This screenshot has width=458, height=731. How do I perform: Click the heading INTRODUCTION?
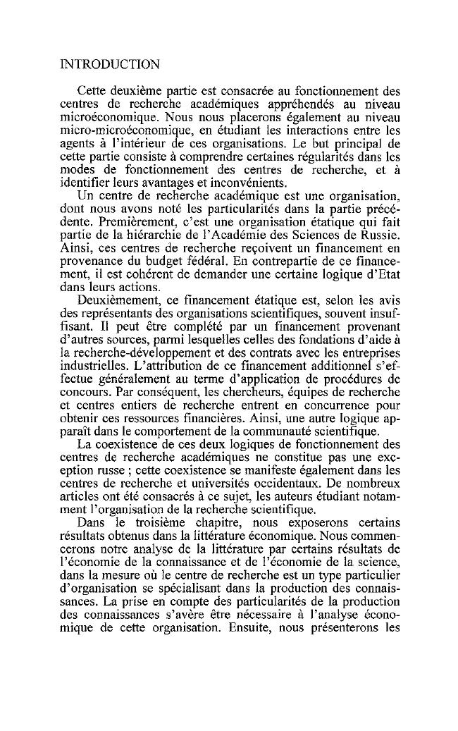click(x=110, y=65)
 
